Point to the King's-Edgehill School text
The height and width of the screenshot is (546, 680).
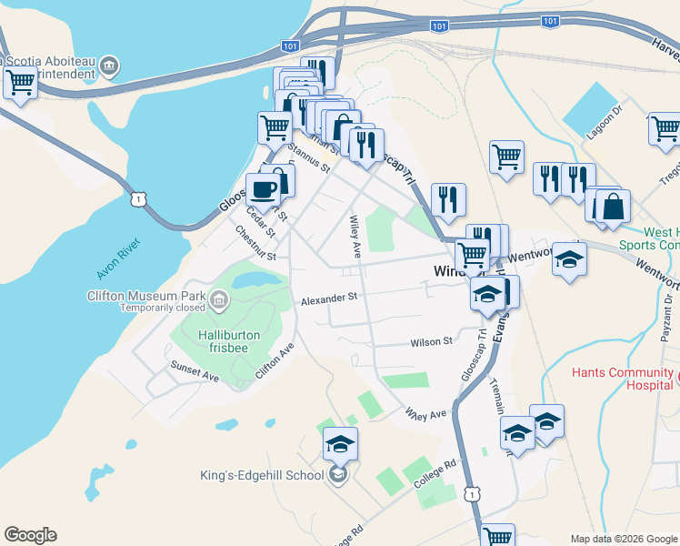(x=262, y=475)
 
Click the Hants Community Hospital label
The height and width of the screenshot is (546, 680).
(x=625, y=379)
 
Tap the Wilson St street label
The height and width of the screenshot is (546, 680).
(x=431, y=342)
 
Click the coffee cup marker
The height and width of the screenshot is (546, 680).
(x=264, y=189)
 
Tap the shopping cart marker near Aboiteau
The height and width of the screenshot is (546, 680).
(x=19, y=83)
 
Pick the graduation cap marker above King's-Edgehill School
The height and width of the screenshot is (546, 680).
(x=340, y=443)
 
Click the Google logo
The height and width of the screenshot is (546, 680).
(x=30, y=535)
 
